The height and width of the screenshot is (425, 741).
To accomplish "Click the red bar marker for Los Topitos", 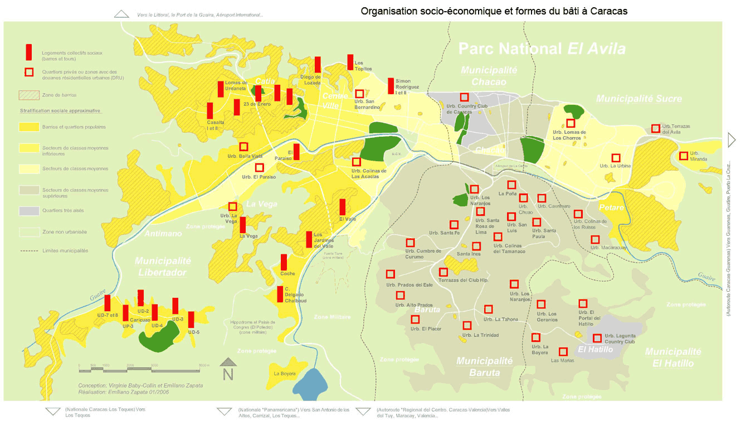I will [x=350, y=62].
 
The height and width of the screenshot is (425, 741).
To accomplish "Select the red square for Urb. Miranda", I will [x=684, y=156].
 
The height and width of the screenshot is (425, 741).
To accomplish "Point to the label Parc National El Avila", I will [x=542, y=49].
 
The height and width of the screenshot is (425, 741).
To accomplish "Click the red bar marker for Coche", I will [x=284, y=262].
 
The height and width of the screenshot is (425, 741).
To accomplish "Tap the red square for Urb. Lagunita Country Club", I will [x=597, y=338].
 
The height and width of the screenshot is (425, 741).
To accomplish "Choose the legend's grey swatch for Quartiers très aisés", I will [x=30, y=211].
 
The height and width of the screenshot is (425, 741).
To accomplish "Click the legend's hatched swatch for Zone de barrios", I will [x=30, y=95].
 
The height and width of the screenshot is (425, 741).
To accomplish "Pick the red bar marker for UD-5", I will [x=191, y=320].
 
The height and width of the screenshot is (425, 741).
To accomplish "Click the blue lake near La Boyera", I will [x=310, y=384].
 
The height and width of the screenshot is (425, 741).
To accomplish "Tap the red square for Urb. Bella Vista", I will [x=243, y=147].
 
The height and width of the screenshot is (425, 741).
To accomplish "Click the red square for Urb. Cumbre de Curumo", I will [x=410, y=243].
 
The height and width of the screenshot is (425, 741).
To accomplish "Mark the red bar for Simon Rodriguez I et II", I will [x=391, y=86].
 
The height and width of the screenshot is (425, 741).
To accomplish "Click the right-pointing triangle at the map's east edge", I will [x=732, y=141].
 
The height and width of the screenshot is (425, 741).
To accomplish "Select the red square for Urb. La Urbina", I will [x=616, y=158].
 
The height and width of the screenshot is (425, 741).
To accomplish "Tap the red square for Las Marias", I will [x=563, y=352].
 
